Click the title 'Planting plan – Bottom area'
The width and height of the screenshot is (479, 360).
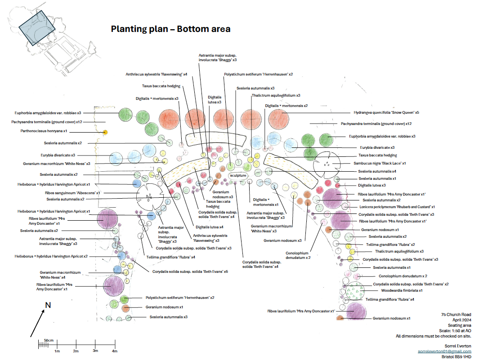click(170, 29)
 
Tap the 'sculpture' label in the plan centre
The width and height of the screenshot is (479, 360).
click(238, 174)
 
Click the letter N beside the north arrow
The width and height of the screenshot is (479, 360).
click(48, 306)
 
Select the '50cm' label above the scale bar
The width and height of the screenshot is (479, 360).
click(49, 340)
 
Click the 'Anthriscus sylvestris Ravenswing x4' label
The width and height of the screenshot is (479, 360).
click(157, 74)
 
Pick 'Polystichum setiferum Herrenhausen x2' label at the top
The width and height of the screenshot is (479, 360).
click(258, 74)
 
